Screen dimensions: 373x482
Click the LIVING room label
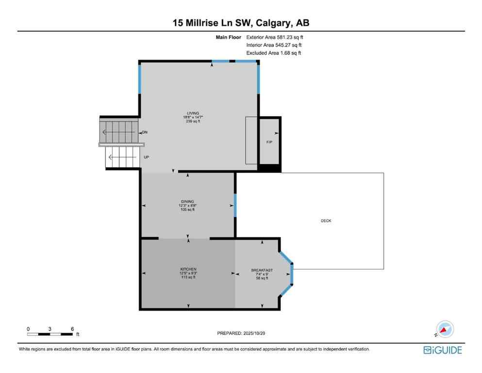[191, 113]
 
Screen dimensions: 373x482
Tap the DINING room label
[187, 201]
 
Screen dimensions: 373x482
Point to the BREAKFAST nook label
[262, 270]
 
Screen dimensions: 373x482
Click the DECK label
[326, 220]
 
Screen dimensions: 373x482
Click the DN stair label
[145, 132]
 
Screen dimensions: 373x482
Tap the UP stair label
[146, 157]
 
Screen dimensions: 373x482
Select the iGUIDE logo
[442, 350]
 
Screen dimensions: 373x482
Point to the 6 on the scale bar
[72, 329]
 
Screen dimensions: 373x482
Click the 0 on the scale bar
[28, 329]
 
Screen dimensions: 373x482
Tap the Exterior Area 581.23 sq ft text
[275, 37]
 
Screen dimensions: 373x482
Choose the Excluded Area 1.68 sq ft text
[273, 53]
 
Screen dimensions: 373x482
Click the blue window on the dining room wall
[235, 205]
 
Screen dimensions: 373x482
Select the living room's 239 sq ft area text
[192, 121]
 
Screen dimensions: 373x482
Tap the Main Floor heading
[229, 37]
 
